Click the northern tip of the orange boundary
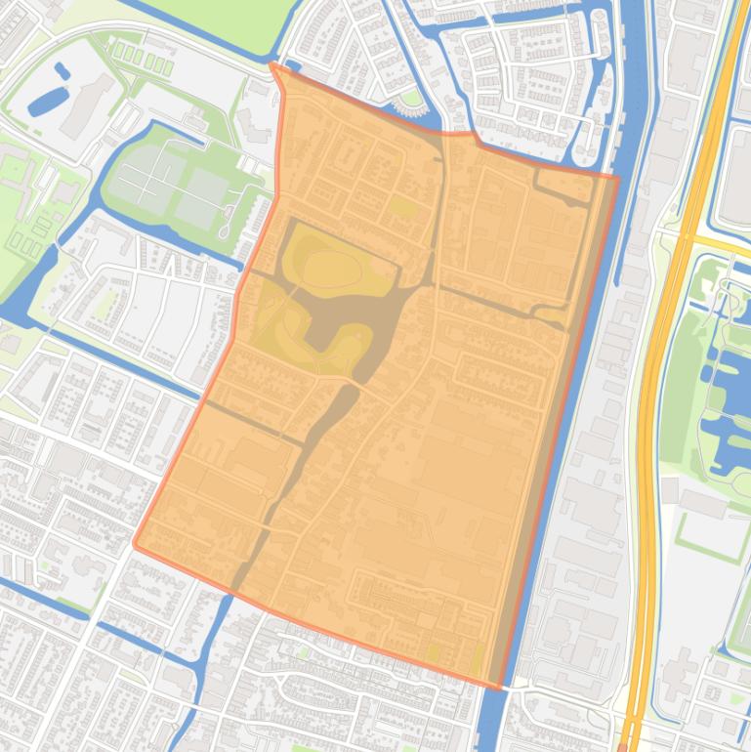273,65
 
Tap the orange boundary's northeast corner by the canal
616,177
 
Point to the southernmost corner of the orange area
501,688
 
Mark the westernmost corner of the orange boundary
135,544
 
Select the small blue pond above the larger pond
63,70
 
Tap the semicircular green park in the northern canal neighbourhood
411,99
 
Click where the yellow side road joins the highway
688,238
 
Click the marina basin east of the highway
723,391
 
